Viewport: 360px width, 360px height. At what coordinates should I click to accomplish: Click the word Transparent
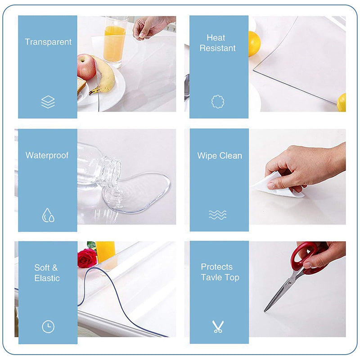pos(48,42)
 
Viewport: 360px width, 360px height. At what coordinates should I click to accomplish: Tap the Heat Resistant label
pos(217,43)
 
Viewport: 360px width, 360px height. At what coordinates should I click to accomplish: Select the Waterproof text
pos(47,155)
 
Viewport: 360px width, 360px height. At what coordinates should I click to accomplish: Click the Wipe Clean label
pos(220,156)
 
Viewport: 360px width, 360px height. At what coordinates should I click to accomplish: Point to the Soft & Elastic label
pos(47,273)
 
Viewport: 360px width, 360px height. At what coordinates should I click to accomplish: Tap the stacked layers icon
pos(48,102)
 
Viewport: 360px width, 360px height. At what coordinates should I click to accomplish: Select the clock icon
pos(48,327)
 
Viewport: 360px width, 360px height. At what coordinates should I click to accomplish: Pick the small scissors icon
pos(218,327)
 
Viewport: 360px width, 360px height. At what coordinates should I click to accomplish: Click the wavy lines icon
pos(218,215)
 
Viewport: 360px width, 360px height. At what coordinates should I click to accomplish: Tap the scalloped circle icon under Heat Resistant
pos(218,102)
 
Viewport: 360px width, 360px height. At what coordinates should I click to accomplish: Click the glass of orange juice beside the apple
pos(115,43)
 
